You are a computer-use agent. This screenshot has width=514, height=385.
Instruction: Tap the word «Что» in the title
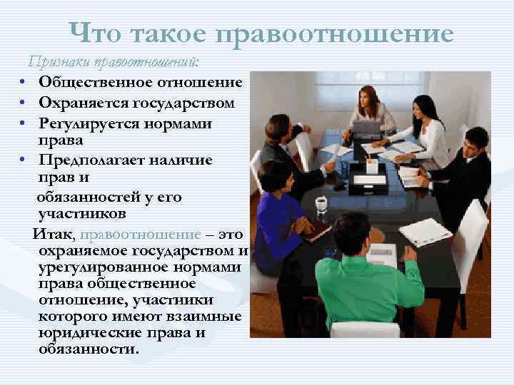point(99,34)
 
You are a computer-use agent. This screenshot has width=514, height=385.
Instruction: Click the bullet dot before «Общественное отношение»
point(24,83)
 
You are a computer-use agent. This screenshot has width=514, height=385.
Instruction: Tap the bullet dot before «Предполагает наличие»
point(24,160)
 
